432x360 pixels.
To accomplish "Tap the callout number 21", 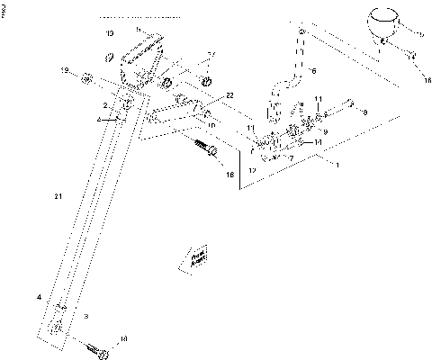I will [58, 194].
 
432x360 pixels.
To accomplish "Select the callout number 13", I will [110, 32].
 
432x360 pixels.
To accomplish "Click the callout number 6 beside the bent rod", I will [315, 69].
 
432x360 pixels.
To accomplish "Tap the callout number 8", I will [364, 113].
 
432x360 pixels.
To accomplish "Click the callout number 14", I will [318, 142].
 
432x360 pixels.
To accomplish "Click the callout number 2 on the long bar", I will [105, 105].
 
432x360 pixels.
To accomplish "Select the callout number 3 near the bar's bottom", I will [85, 317].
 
